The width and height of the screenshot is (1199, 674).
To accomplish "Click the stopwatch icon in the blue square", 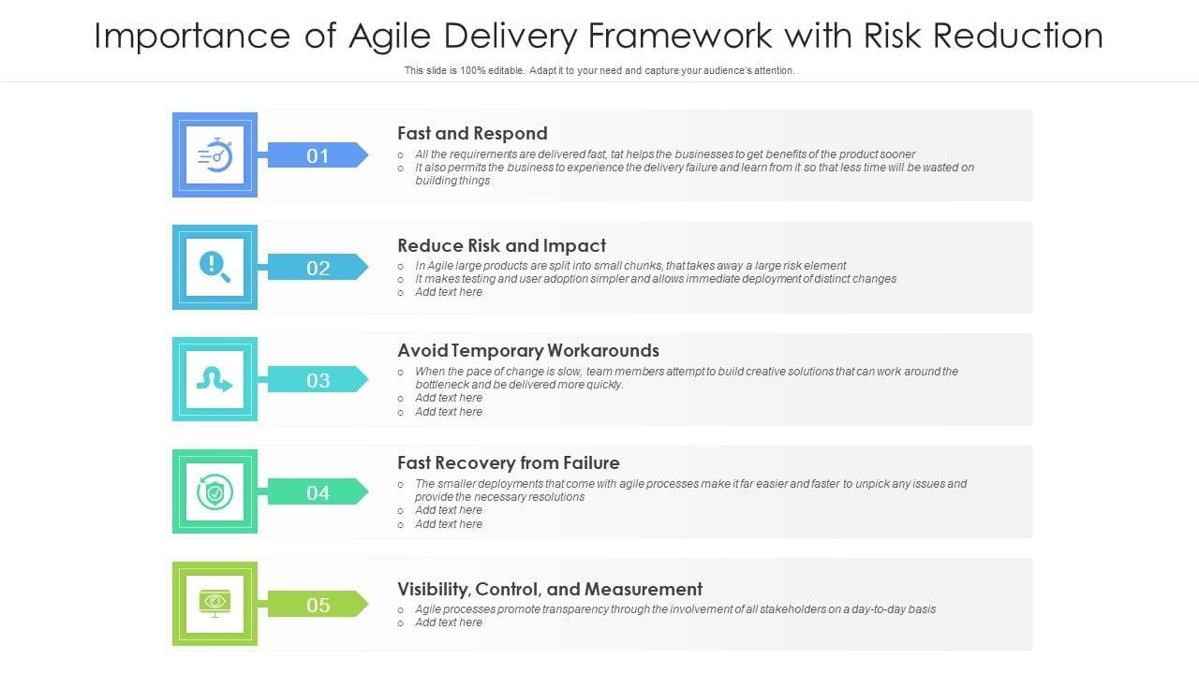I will click(215, 154).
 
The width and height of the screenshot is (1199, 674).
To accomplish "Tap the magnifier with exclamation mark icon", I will click(215, 267).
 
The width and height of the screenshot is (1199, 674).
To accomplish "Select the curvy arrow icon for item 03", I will click(215, 379).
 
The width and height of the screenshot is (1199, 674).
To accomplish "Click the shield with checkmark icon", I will click(215, 491).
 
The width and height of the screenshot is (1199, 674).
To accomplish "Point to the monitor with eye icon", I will click(215, 604).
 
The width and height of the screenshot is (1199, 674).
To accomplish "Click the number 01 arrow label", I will click(318, 155).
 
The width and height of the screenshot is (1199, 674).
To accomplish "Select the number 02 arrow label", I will click(318, 268).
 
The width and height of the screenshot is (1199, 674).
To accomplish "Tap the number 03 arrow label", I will click(318, 380).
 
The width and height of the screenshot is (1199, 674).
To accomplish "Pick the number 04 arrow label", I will click(318, 492).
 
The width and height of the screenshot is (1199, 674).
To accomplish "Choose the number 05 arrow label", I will click(318, 605).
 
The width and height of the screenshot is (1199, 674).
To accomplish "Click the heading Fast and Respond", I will click(472, 133).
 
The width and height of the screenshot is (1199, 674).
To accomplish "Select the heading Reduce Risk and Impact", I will click(501, 245).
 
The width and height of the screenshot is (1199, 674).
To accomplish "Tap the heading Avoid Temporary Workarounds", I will click(527, 350).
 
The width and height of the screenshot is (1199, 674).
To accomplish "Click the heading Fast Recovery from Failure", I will click(508, 462).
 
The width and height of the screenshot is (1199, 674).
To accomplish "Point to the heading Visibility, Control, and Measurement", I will click(549, 589).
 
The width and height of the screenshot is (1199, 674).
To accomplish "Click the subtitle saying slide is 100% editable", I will click(599, 70).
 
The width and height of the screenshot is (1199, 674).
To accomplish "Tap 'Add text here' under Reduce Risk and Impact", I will click(449, 292).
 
